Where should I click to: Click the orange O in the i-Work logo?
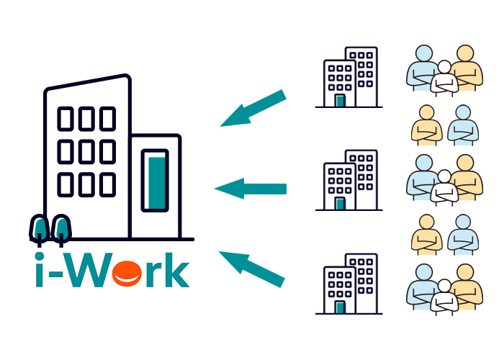(130, 274)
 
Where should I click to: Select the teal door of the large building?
(154, 180)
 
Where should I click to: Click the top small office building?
(349, 78)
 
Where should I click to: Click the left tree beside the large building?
(42, 228)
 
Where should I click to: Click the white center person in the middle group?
(444, 187)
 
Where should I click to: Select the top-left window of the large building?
(67, 117)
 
